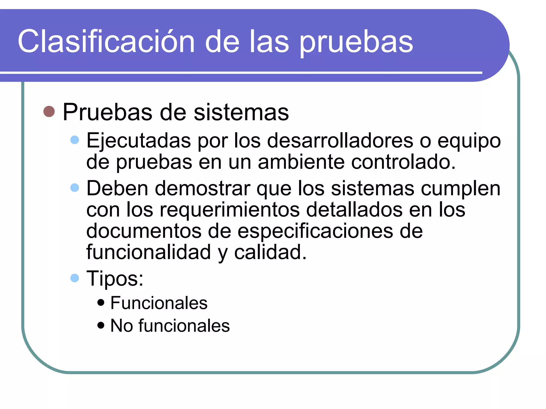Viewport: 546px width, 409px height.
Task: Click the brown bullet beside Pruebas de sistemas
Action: (49, 112)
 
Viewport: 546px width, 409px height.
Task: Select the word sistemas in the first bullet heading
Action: (241, 112)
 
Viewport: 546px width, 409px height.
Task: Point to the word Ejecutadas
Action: (139, 141)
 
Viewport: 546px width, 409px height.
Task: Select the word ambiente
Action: (301, 162)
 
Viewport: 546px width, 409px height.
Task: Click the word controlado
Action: (403, 162)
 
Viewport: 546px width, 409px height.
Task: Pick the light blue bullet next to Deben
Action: (75, 187)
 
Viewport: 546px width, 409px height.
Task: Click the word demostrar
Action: (203, 189)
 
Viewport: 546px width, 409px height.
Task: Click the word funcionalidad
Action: (148, 252)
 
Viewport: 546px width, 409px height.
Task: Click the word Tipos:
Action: (115, 279)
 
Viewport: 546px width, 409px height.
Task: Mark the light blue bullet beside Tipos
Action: (75, 278)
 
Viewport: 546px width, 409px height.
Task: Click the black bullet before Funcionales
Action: (101, 302)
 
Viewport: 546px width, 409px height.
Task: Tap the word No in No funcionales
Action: (122, 325)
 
